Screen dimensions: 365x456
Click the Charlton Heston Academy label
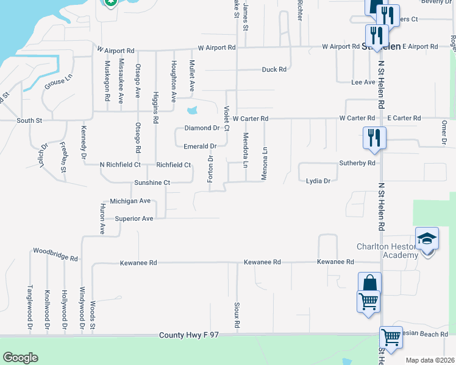click(387, 251)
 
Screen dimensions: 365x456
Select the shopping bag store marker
click(369, 283)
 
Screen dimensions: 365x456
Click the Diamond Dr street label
click(201, 128)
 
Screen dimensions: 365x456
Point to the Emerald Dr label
click(200, 147)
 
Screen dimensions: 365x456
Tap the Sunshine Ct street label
click(153, 182)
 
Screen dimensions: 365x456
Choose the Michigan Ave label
click(130, 201)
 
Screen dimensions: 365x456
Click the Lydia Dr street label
click(318, 181)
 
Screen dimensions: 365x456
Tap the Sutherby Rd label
click(357, 163)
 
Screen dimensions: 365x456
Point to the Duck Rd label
click(274, 69)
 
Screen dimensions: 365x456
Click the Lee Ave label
click(363, 82)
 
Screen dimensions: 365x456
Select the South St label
click(29, 120)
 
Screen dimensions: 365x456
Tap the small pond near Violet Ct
click(192, 111)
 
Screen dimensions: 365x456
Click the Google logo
click(20, 358)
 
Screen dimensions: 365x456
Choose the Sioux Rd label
click(237, 316)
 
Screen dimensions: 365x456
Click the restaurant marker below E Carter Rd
click(373, 137)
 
